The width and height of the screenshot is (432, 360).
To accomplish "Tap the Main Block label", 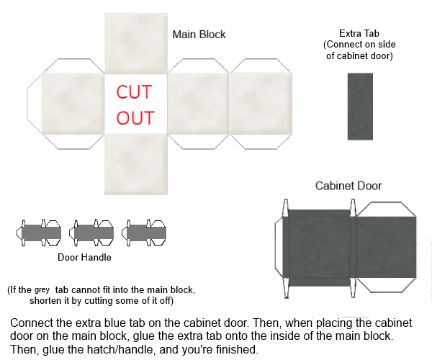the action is click(x=199, y=34).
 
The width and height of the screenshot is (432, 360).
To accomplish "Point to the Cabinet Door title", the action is click(x=348, y=186).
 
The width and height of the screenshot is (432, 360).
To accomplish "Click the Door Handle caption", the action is click(x=85, y=256).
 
